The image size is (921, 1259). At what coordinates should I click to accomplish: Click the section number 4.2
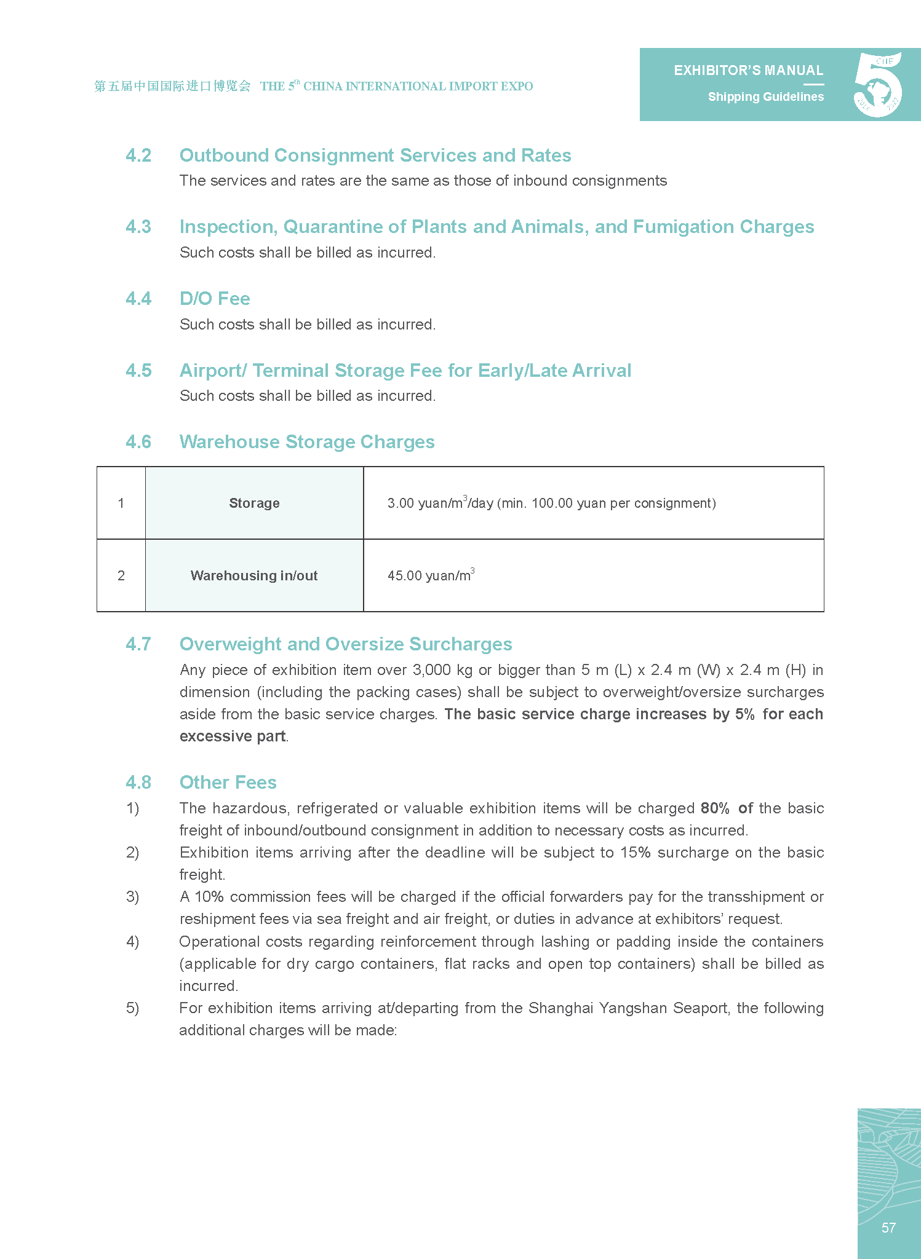coord(138,156)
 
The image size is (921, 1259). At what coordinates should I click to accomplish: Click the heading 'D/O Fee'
coord(215,299)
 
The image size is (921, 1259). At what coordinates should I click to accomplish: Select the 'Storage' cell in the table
coord(254,503)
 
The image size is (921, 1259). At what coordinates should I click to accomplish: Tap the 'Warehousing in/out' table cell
coord(254,575)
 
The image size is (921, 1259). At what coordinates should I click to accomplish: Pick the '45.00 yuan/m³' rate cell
coord(431,575)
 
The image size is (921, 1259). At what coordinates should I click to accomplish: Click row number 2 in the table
coord(121,575)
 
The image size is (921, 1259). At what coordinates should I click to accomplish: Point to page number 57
coord(888,1228)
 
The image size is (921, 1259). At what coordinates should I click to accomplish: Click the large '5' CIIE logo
coord(878,85)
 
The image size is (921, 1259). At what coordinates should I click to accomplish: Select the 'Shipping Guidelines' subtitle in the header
coord(765,97)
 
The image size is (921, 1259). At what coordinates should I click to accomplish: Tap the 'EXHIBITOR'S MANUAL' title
coord(748,71)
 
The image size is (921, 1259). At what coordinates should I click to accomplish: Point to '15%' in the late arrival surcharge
coord(635,853)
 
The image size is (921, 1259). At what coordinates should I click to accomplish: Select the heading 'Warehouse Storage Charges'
coord(307,442)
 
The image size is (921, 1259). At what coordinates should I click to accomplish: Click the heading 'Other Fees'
coord(228,783)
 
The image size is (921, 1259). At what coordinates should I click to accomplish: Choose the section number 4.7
coord(138,644)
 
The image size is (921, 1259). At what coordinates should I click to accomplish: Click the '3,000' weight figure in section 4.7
coord(431,670)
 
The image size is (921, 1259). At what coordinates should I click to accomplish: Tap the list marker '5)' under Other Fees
coord(132,1008)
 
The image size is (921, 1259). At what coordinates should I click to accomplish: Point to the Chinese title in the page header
coord(172,86)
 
